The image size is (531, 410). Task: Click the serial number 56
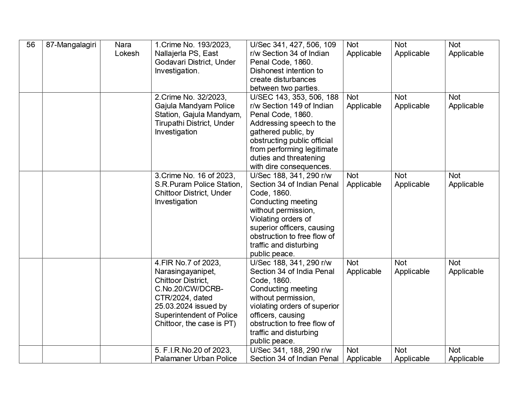[x=31, y=45]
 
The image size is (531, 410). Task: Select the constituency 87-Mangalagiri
[x=71, y=45]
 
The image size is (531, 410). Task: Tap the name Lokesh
[x=127, y=53]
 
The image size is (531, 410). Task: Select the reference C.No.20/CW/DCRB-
[x=189, y=289]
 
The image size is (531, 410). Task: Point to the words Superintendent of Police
[x=196, y=315]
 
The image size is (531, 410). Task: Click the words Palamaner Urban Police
[x=196, y=359]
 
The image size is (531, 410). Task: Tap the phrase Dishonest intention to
[x=286, y=71]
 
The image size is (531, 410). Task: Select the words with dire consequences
[x=291, y=167]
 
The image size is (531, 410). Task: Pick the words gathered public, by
[x=282, y=132]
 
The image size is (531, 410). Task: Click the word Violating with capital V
[x=264, y=219]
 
